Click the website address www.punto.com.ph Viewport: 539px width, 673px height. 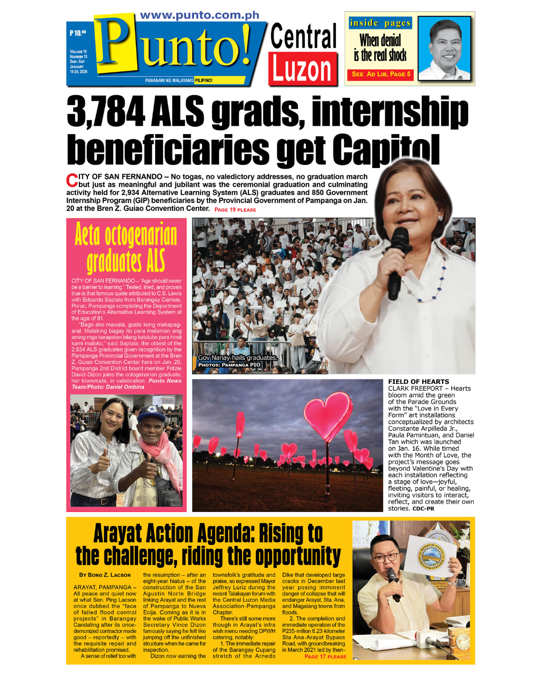coord(200,15)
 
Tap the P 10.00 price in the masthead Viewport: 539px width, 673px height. coord(78,33)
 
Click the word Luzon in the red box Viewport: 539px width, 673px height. coord(302,69)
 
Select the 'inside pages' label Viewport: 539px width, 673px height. coord(380,23)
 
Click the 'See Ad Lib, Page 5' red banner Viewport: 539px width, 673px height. coord(381,74)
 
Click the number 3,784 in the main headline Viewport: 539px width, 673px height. coord(106,112)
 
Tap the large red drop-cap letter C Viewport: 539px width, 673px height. coord(72,180)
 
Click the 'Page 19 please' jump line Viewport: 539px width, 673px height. coord(235,210)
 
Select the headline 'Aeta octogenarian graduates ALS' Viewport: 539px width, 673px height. coord(126,248)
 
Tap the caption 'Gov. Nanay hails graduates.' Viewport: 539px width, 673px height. coord(238,357)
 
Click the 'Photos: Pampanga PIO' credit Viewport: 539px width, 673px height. coord(229,365)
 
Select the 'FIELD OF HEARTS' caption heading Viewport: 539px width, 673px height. coord(418,381)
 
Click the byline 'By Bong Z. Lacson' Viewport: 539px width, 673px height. coord(105,575)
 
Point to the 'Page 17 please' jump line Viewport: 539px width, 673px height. coord(325,657)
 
